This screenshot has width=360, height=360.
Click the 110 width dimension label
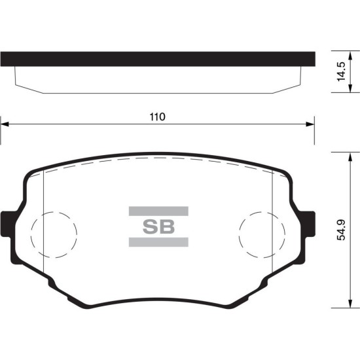158,117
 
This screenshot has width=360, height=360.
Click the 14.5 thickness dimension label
341,71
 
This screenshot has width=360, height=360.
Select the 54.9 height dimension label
341,230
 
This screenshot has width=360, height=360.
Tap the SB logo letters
158,227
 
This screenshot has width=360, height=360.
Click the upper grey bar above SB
158,211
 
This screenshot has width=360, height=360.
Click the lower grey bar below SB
158,242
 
